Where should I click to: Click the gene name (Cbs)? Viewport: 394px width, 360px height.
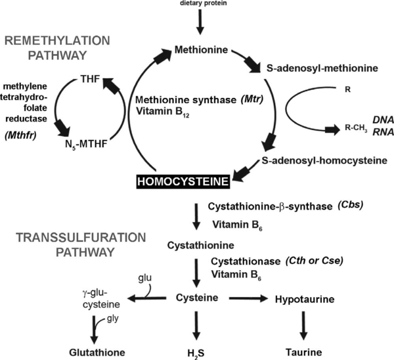[x=349, y=204]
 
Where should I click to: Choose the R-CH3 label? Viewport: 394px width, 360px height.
[x=324, y=129]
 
